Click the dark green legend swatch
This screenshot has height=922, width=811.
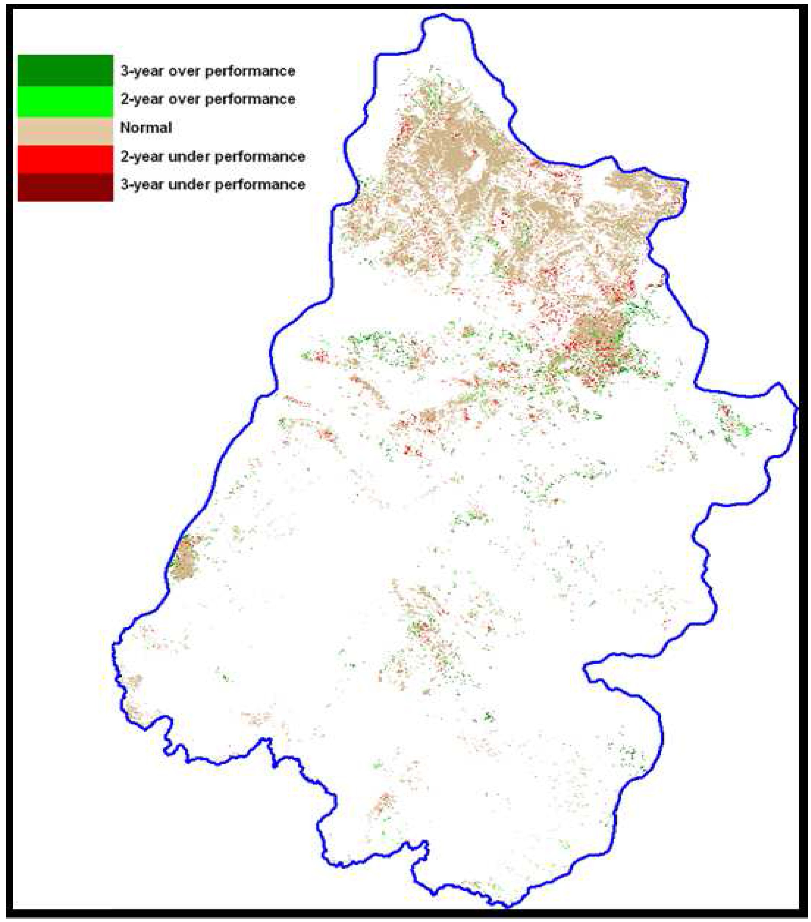tap(66, 70)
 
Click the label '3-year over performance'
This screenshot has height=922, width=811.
tap(207, 71)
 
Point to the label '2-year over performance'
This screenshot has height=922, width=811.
tap(207, 99)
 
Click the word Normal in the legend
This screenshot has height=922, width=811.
tap(146, 128)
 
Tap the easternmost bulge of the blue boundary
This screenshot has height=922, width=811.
tap(797, 408)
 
